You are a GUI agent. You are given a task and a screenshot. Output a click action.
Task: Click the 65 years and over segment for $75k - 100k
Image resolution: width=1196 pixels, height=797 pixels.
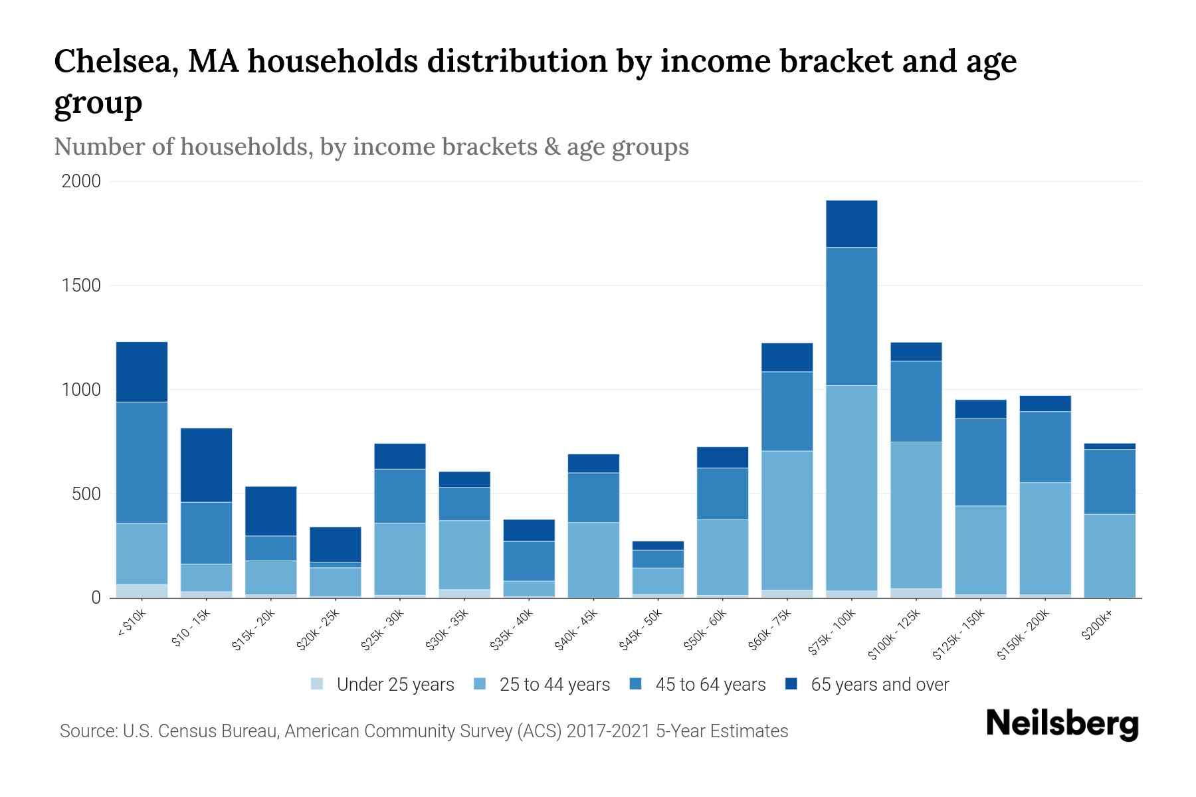tap(851, 224)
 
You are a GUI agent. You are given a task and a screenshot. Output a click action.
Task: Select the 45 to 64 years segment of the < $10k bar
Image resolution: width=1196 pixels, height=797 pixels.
tap(142, 462)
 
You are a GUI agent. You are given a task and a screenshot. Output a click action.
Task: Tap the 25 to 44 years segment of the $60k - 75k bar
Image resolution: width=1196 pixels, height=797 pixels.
tap(787, 520)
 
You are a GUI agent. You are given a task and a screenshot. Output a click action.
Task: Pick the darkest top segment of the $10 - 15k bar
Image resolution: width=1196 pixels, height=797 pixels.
tap(206, 465)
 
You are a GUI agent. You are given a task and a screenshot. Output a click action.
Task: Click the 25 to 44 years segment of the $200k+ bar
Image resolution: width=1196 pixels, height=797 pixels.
tap(1109, 555)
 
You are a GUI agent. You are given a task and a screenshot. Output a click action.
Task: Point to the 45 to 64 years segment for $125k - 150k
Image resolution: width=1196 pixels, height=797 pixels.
tap(980, 462)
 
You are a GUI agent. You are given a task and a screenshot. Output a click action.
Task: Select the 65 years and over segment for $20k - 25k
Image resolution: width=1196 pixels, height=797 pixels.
tap(336, 545)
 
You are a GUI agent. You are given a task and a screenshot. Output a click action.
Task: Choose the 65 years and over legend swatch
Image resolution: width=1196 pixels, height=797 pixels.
tap(791, 684)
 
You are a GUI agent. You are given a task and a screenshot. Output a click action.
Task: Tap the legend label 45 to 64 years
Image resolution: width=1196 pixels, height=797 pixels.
tap(710, 685)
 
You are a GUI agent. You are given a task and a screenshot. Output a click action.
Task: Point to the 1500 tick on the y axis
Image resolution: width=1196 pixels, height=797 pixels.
tap(81, 286)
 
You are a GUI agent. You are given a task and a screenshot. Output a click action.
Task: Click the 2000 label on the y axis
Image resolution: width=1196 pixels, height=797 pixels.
tap(81, 181)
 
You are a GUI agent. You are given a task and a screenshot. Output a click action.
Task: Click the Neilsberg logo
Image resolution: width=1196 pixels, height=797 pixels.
tap(1062, 723)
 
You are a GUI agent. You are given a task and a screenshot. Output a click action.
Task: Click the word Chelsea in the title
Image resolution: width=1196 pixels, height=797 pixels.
tap(114, 62)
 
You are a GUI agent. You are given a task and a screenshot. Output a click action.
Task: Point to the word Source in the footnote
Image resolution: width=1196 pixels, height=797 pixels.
tap(86, 731)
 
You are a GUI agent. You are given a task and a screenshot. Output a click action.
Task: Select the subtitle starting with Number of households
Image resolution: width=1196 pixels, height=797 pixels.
tap(371, 147)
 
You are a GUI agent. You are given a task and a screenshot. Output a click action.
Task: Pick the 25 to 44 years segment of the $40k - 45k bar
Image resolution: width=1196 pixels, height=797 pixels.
tap(593, 559)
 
